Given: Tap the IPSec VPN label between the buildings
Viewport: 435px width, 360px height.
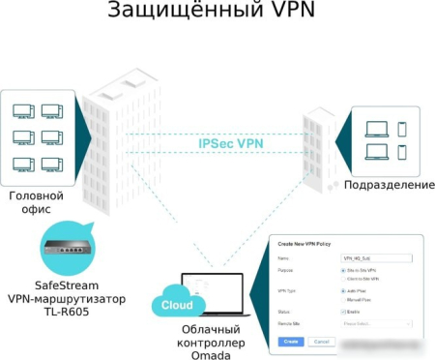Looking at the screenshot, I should point(232,143).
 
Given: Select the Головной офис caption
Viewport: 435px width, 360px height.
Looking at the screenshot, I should point(38,202).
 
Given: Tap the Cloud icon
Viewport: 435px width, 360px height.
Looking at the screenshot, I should point(176,304).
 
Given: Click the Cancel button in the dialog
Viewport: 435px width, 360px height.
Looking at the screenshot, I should point(322,342).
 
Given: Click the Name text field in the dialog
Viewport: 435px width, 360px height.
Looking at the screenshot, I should point(376,258).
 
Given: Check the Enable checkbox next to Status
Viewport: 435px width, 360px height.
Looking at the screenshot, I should point(343,313).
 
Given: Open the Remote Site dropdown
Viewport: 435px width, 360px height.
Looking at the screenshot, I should point(376,324).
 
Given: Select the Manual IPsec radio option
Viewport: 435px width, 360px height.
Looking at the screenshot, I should point(343,299).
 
